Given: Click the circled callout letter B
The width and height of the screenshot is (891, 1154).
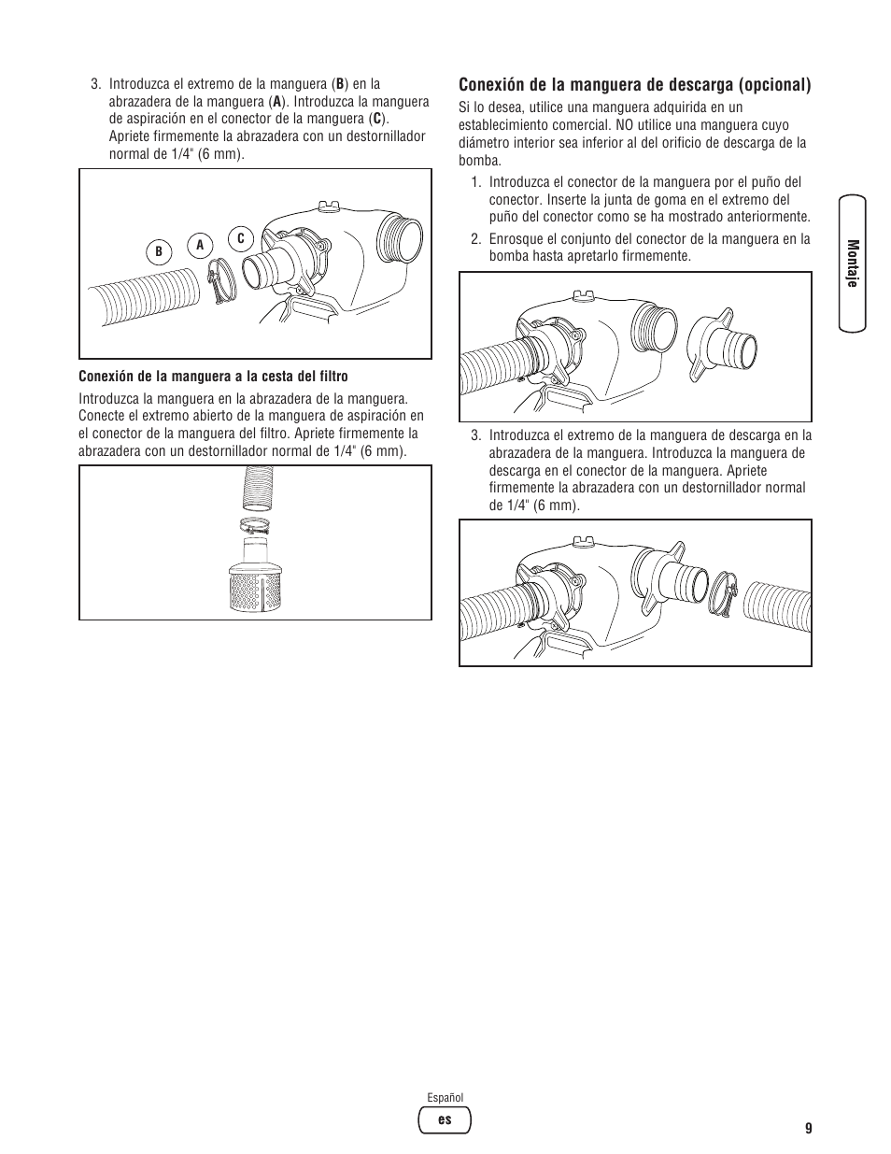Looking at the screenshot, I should [159, 251].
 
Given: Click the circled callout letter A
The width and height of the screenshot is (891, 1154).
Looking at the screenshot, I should [199, 245].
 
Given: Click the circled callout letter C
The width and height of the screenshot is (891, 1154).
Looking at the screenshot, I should [240, 239].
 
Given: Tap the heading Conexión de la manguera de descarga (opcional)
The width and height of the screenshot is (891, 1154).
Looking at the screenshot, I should [634, 85].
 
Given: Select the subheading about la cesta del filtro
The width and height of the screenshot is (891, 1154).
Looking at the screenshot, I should [213, 377].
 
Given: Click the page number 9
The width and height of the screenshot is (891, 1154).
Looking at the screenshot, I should [808, 1128].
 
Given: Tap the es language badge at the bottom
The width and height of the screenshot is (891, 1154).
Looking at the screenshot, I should [445, 1119].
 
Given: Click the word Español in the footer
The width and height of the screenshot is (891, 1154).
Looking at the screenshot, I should [445, 1098].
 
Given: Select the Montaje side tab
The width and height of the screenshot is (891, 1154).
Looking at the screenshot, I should [852, 264].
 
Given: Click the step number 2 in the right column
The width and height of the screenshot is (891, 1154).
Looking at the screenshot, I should [474, 239].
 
